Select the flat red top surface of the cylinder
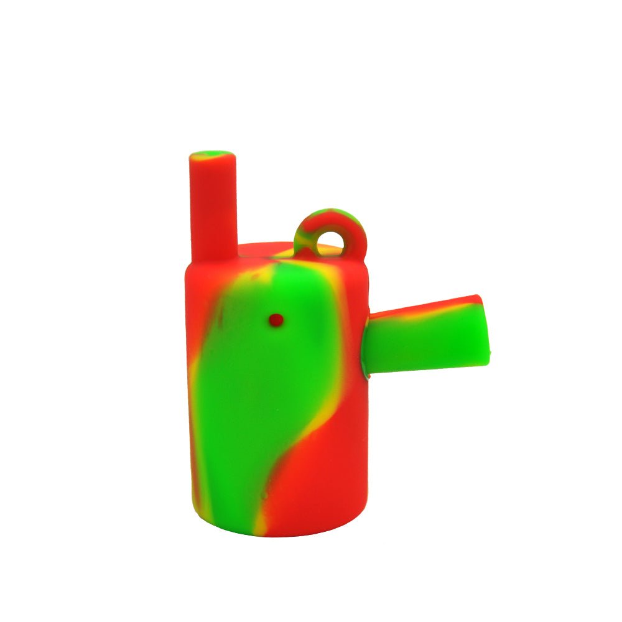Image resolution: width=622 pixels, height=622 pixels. [x=261, y=251]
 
